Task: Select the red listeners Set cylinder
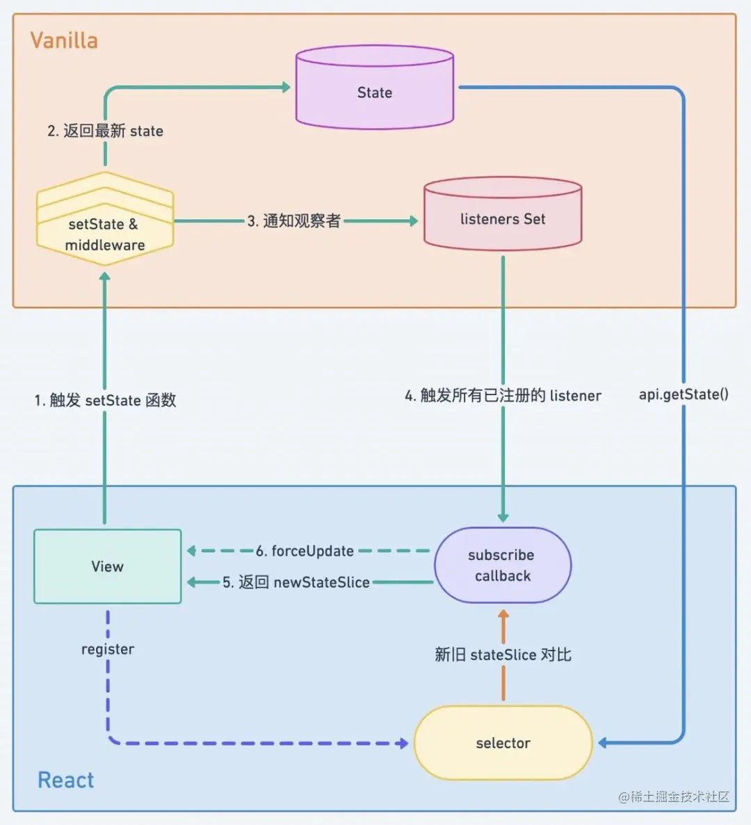[x=503, y=216]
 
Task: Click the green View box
[x=108, y=566]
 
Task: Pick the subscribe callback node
[x=502, y=565]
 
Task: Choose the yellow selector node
[x=503, y=743]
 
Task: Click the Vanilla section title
[x=64, y=40]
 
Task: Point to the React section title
[x=65, y=780]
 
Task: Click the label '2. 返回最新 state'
[x=105, y=131]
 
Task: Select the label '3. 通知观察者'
[x=294, y=221]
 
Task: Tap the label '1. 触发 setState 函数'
[x=105, y=400]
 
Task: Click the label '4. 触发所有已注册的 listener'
[x=503, y=396]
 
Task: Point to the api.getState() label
[x=684, y=394]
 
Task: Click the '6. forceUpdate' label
[x=305, y=551]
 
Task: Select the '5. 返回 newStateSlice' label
[x=296, y=582]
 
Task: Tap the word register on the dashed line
[x=108, y=649]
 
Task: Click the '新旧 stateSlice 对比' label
[x=503, y=655]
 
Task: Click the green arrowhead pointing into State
[x=285, y=87]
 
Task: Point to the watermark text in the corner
[x=674, y=796]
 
